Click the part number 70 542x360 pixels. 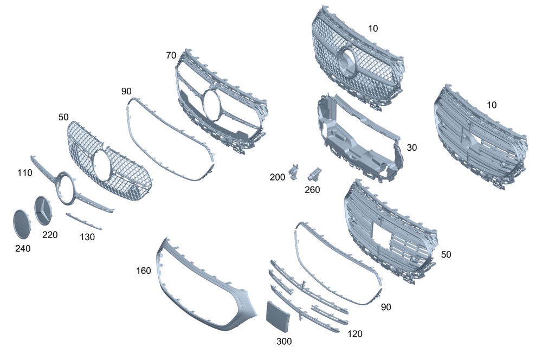point(171,55)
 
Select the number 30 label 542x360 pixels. point(412,147)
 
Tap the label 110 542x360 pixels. point(24,173)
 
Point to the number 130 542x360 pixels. point(87,237)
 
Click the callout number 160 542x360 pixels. point(144,270)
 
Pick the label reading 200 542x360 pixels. point(277,177)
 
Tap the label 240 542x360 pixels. point(23,248)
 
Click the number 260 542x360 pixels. point(312,190)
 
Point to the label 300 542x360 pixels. point(284,342)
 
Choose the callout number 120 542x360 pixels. point(355,334)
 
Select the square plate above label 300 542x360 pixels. point(278,316)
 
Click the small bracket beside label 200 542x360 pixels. point(295,171)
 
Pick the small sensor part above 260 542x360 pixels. point(315,173)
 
